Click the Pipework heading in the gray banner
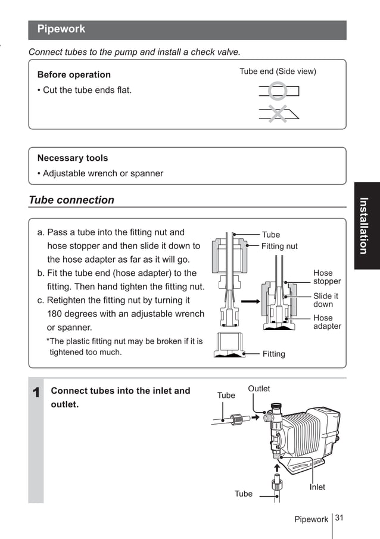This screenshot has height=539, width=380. [x=61, y=29]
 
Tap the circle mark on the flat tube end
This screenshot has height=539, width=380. [x=277, y=91]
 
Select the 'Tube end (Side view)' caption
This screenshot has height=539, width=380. [x=278, y=71]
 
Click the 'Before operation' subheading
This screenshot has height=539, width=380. [x=74, y=75]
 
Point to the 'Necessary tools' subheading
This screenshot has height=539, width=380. [x=73, y=158]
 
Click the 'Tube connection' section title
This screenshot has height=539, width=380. [x=71, y=200]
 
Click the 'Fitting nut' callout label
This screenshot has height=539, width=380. [x=279, y=246]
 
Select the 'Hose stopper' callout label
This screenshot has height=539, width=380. [x=327, y=277]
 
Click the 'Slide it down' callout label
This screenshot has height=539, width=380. [x=325, y=300]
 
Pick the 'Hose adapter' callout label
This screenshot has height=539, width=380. [x=327, y=322]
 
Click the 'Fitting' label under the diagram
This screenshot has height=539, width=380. [x=273, y=354]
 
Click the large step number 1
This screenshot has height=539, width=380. [x=36, y=393]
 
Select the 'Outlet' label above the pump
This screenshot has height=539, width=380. [x=258, y=389]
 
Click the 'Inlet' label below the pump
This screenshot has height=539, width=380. [x=317, y=487]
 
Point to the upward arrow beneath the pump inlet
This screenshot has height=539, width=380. [x=276, y=468]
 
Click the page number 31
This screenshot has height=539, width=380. [x=339, y=518]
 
